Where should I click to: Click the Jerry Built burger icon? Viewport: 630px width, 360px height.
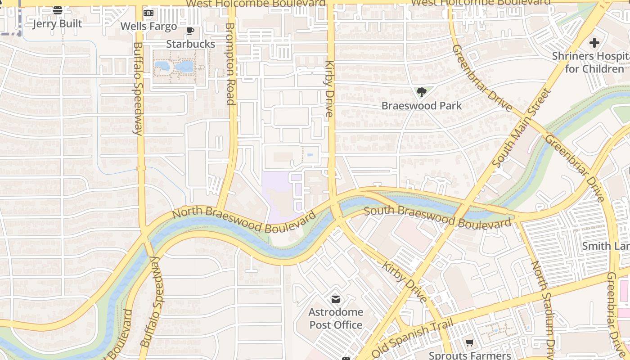tap(58, 10)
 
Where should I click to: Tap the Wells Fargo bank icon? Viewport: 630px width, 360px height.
tap(148, 13)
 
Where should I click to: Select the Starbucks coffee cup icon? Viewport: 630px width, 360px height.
tap(190, 31)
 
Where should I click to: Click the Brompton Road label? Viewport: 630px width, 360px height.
tap(230, 63)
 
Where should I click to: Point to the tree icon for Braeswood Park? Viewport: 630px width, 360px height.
tap(421, 92)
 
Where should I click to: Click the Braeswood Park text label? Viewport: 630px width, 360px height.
tap(421, 106)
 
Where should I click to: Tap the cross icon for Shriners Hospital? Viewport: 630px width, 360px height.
tap(594, 43)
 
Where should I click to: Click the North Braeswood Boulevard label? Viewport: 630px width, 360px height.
tap(244, 220)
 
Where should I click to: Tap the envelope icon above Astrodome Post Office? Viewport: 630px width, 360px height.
tap(335, 299)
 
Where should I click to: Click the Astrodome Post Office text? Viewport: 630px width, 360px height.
tap(336, 319)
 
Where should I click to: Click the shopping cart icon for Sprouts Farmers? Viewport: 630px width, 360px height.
tap(470, 343)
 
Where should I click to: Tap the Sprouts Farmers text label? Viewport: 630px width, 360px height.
tap(470, 355)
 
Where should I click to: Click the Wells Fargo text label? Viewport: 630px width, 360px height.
tap(148, 26)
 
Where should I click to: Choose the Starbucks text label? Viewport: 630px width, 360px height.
tap(190, 44)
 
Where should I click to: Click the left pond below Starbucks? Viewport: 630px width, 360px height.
tap(162, 66)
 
